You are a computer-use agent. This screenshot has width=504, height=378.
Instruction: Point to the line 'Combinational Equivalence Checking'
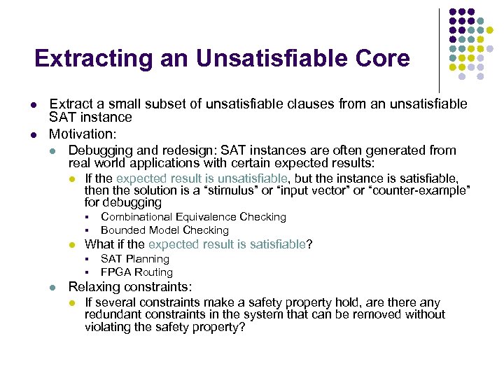(x=193, y=217)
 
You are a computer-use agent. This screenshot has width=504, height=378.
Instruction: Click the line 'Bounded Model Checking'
(x=164, y=230)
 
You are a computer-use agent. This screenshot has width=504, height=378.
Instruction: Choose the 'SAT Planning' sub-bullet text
(x=135, y=259)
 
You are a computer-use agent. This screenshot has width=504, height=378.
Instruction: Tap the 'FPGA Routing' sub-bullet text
(x=136, y=272)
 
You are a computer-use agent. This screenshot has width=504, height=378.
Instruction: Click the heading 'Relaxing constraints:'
(x=129, y=287)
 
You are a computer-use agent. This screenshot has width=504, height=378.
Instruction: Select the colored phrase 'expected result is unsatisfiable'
(x=202, y=178)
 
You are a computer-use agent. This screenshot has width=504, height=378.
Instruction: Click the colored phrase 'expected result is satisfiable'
(x=227, y=244)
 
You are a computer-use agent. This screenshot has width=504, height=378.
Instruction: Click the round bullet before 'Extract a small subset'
(x=34, y=104)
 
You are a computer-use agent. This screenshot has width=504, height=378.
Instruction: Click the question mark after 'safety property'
(x=242, y=327)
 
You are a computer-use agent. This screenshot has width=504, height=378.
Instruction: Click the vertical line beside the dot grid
(x=439, y=49)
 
